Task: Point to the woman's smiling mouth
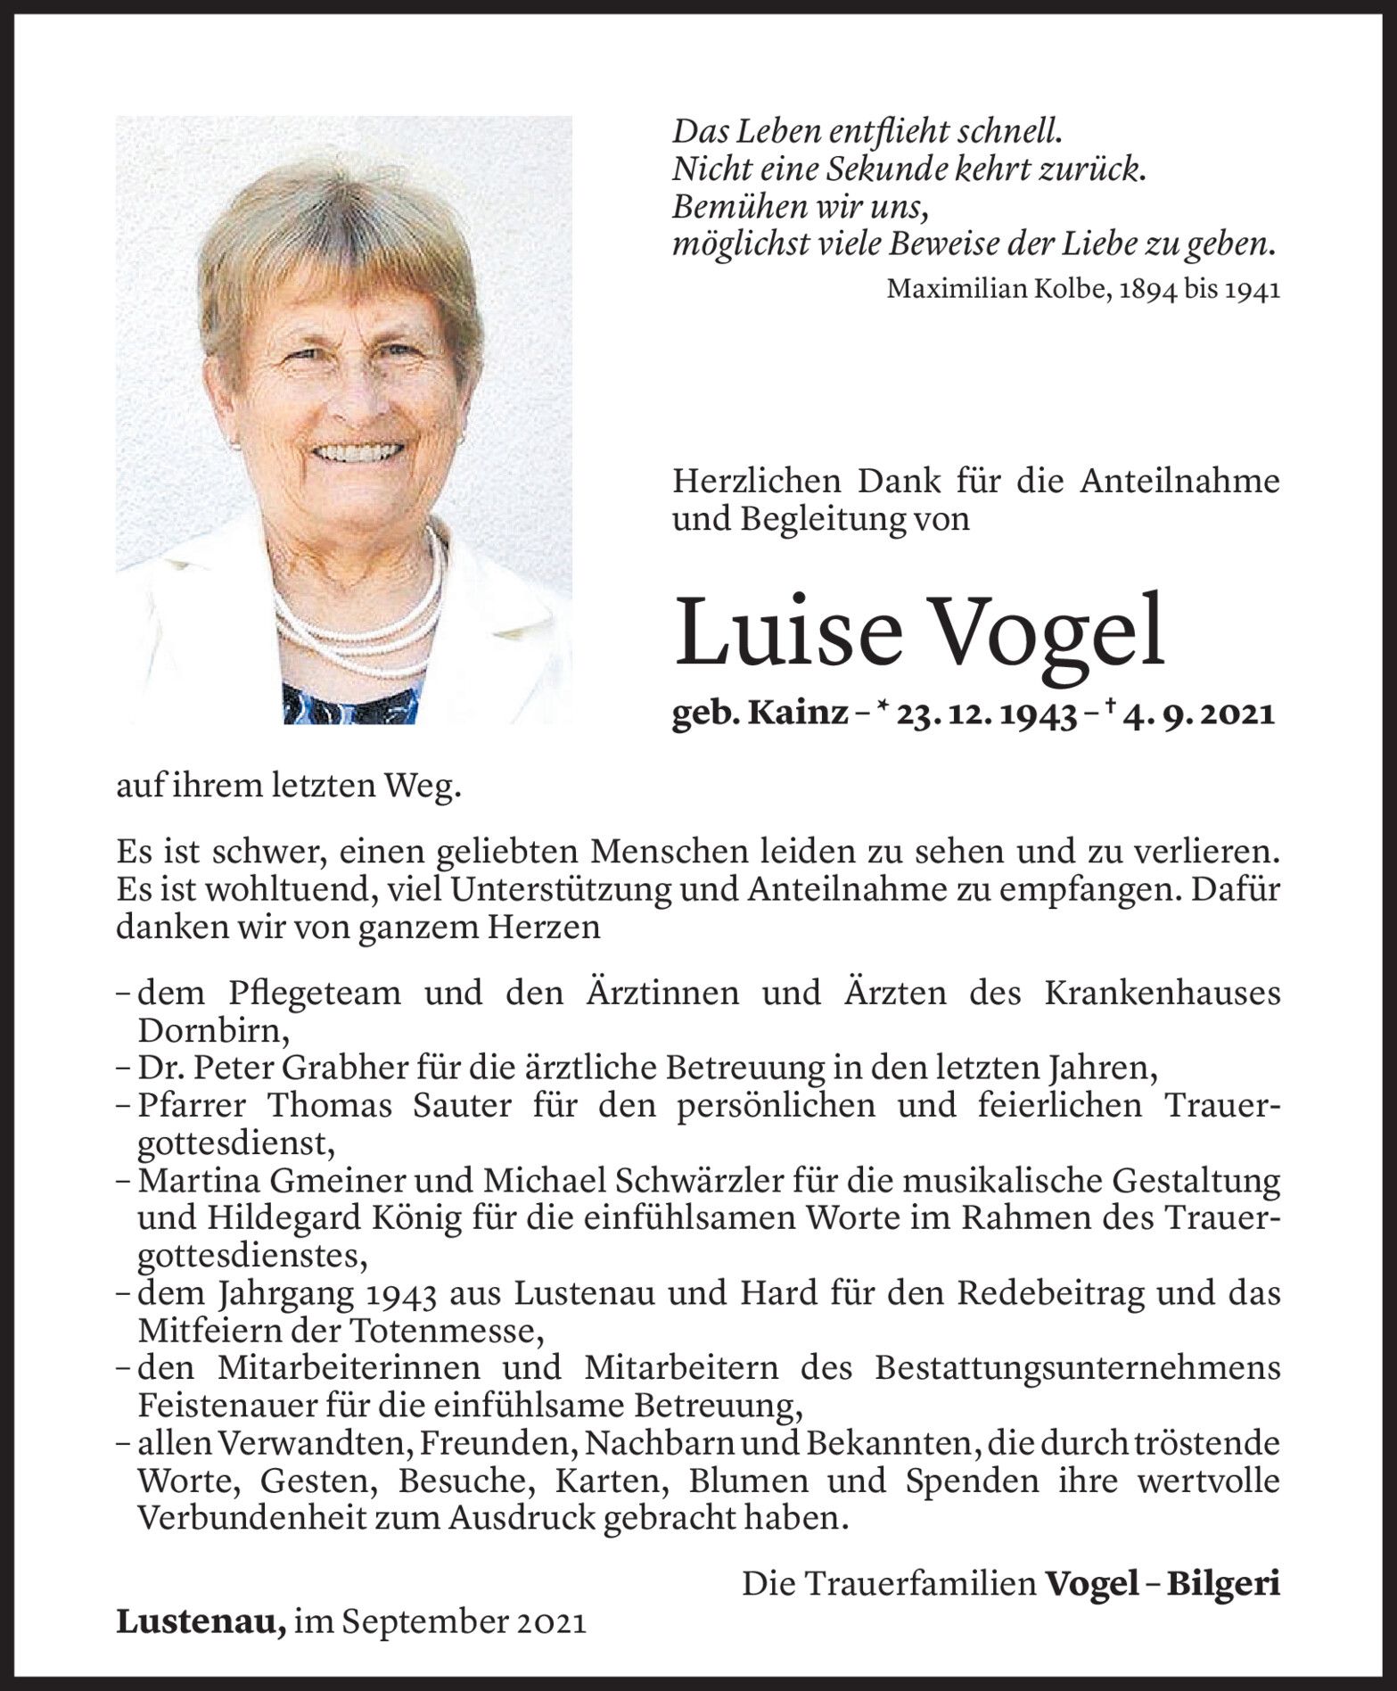click(356, 452)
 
